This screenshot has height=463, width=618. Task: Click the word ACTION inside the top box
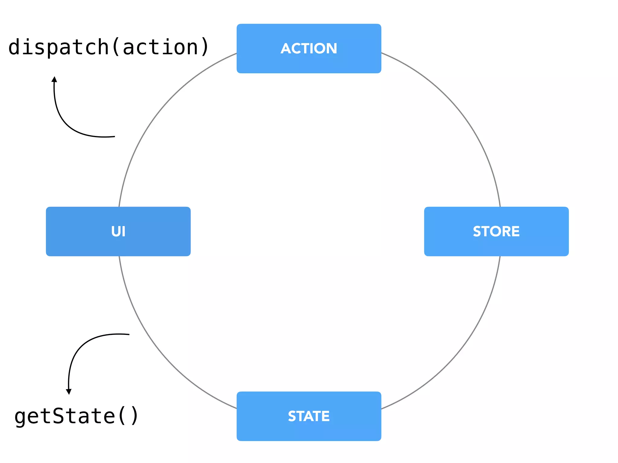pos(309,49)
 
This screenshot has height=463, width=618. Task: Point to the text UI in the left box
pos(118,231)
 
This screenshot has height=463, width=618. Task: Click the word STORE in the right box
pos(496,231)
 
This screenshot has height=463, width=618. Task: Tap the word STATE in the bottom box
pos(309,416)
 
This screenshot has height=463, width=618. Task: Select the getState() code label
pos(77,416)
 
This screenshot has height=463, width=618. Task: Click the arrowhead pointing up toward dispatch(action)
pos(54,79)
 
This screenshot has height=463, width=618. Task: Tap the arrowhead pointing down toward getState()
pos(69,392)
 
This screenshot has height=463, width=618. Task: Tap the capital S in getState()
pos(59,416)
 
